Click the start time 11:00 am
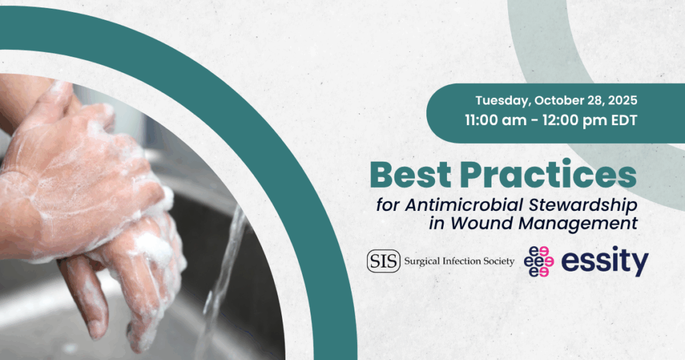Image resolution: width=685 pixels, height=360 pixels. coord(496,120)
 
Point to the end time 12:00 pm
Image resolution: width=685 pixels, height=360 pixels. coord(574,120)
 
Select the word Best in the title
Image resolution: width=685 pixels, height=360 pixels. coord(410,174)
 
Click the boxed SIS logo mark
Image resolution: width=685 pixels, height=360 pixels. coord(384,262)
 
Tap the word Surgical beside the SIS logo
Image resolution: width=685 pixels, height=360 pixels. coord(422,262)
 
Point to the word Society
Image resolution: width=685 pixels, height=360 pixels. coord(499,262)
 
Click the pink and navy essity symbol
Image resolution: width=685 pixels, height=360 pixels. coord(539,262)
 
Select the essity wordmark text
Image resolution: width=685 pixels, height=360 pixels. coord(605,262)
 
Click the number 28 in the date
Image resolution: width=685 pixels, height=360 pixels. coord(595,100)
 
